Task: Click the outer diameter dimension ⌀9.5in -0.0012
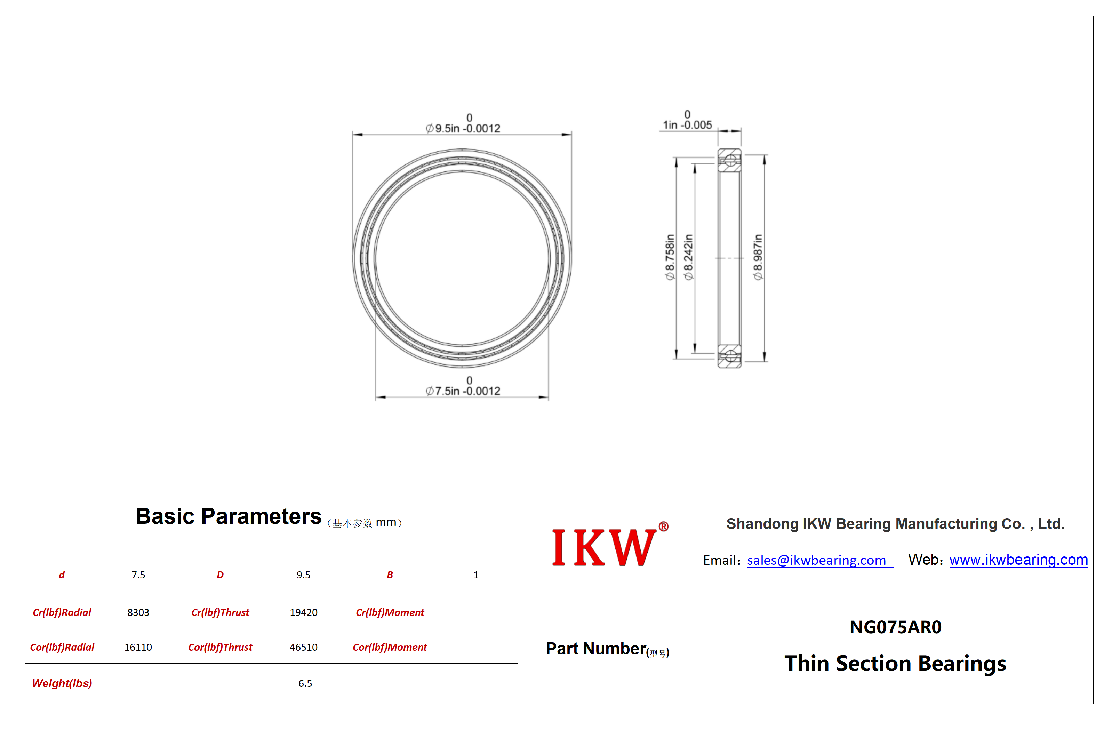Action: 463,123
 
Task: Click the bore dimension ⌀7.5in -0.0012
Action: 463,386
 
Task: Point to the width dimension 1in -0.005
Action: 687,120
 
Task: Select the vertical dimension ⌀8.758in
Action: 670,257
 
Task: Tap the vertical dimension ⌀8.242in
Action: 688,257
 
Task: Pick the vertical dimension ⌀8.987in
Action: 758,257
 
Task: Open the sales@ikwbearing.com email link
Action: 819,560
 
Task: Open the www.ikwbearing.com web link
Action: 1018,560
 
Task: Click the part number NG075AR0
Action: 895,627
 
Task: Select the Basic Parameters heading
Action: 229,516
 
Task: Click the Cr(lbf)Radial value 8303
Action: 138,612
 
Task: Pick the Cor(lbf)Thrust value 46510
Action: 304,647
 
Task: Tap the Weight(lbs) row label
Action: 62,683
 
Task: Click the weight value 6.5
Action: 305,683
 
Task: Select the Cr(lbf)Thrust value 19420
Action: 304,612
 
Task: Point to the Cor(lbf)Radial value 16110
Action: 138,647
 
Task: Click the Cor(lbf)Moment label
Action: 390,647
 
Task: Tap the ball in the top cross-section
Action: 730,160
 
